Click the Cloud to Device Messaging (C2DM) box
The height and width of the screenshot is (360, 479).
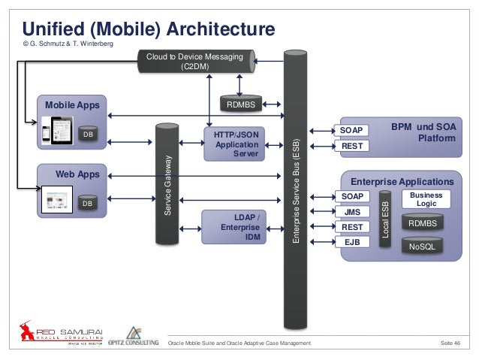coord(195,61)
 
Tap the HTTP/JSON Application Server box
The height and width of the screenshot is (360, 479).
coord(234,144)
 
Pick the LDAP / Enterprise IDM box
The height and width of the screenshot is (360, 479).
coord(234,228)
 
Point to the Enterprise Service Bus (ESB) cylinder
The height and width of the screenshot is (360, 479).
coord(294,188)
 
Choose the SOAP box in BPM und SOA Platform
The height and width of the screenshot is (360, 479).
coord(351,131)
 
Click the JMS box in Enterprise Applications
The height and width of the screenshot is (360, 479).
coord(351,212)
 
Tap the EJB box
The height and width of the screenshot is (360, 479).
coord(351,243)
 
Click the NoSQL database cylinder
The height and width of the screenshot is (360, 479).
coord(423,247)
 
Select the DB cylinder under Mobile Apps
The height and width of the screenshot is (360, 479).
coord(88,135)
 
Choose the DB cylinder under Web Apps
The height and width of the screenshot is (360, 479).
coord(88,203)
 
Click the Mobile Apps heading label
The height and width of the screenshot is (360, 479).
coord(72,104)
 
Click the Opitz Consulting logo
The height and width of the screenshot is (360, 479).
coord(133,338)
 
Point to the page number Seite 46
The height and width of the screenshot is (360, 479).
coord(450,343)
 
